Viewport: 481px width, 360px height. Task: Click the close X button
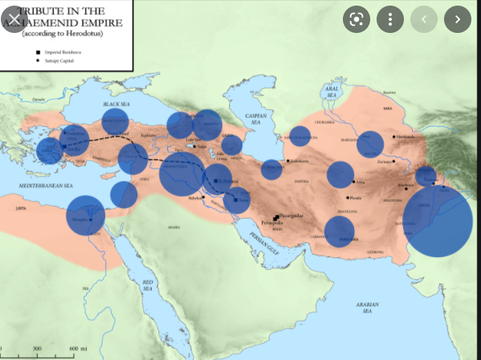[14, 17]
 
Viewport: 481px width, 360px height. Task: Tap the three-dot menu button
[390, 18]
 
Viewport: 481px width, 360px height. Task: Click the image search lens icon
[356, 18]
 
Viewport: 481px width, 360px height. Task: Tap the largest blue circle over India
[437, 221]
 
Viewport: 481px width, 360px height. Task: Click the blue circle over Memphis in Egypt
[85, 215]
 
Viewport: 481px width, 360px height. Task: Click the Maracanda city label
[410, 137]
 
